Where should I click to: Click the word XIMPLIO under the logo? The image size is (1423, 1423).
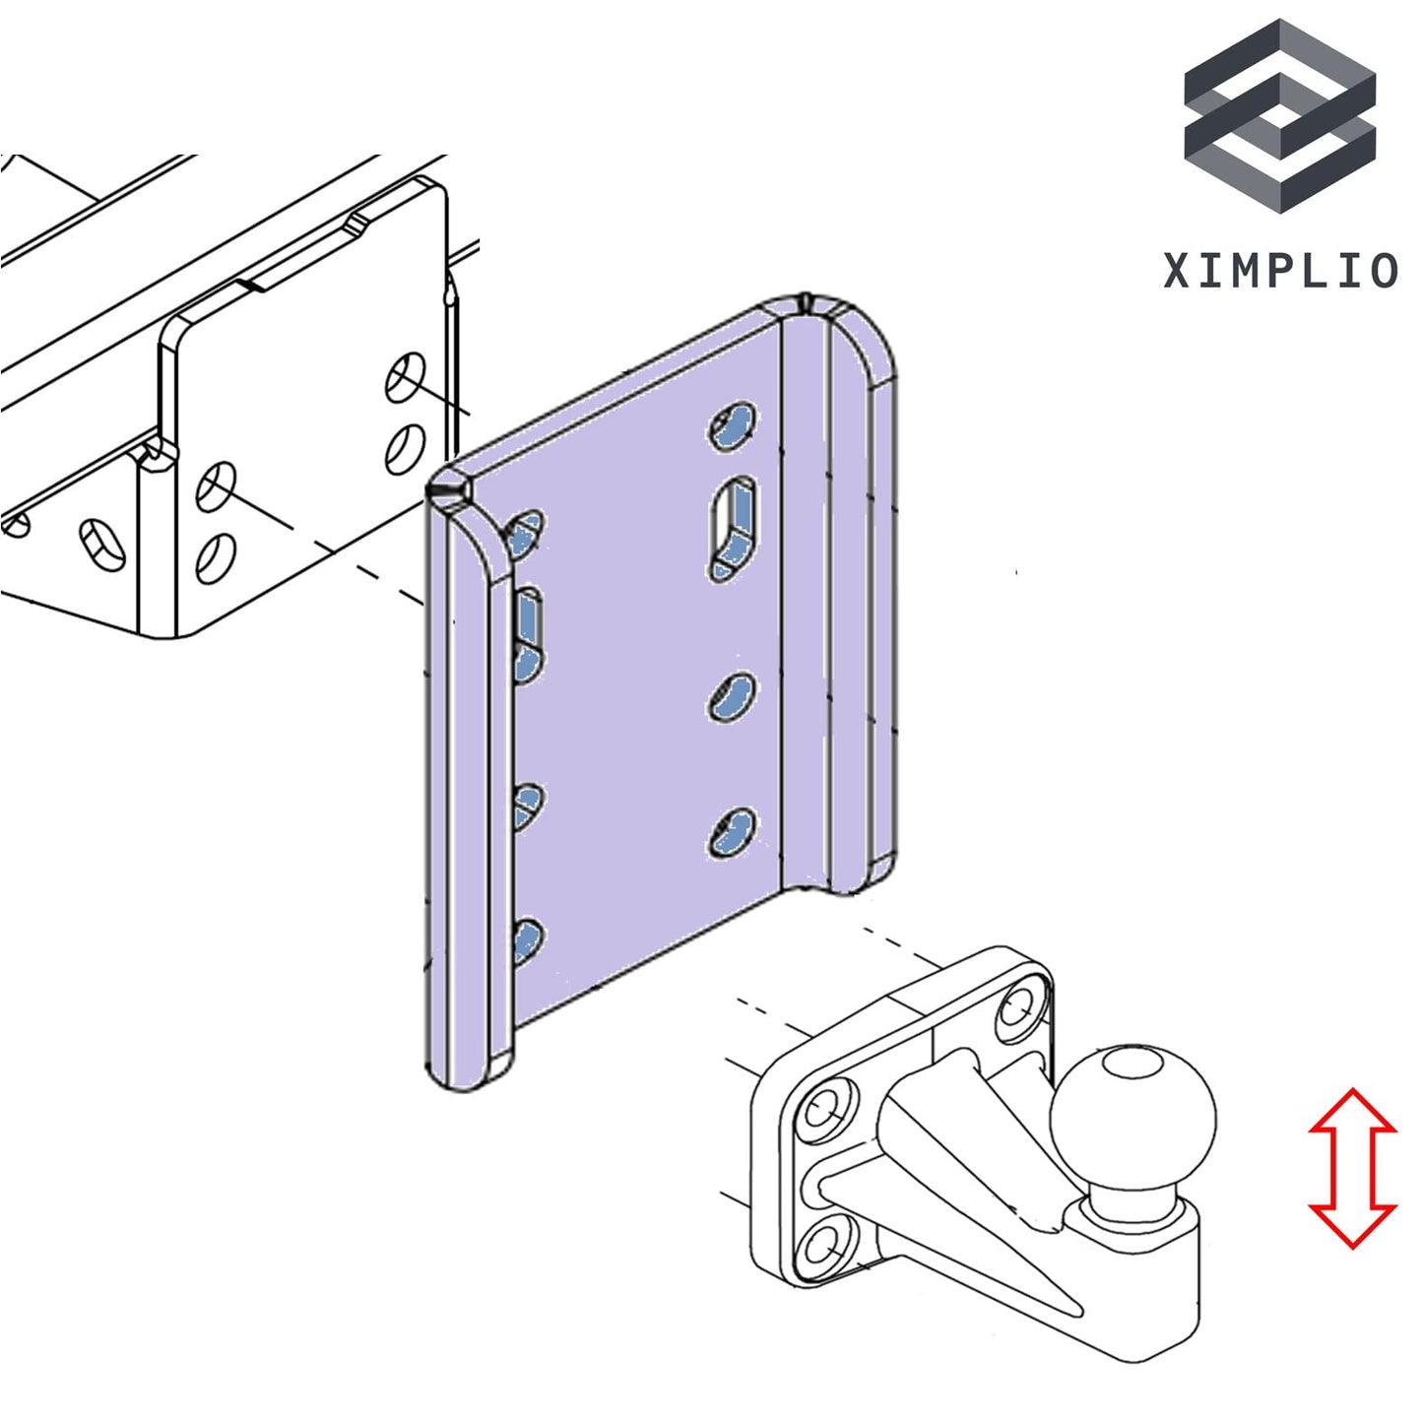[x=1280, y=270]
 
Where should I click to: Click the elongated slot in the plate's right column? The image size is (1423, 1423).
[x=734, y=527]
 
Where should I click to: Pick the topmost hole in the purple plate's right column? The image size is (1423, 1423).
[x=733, y=426]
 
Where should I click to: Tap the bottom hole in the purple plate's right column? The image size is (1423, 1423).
[x=733, y=834]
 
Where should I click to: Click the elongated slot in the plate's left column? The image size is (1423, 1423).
[x=529, y=636]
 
